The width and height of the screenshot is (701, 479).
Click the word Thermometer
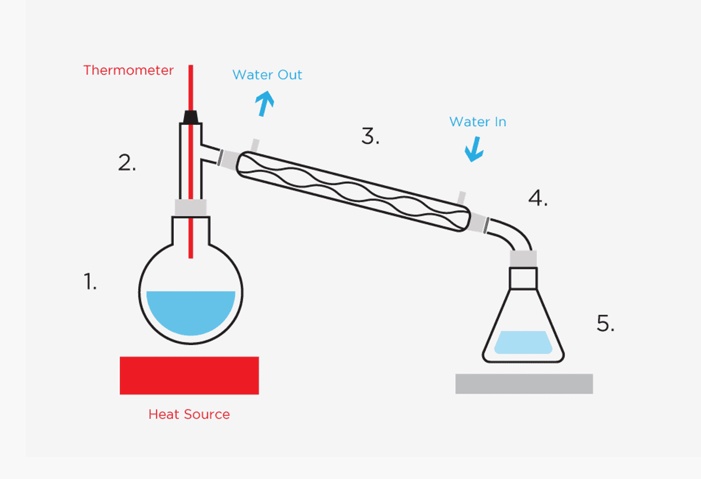(x=128, y=71)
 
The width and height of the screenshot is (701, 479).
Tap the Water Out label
(x=267, y=75)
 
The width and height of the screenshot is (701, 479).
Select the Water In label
(x=478, y=122)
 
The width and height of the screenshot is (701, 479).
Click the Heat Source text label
(x=189, y=414)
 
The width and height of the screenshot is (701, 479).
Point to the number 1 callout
(x=90, y=282)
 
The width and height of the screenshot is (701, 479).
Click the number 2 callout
(x=127, y=163)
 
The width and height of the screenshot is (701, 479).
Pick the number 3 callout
(x=370, y=136)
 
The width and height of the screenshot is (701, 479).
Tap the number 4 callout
(x=538, y=198)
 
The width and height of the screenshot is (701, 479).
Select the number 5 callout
(x=605, y=324)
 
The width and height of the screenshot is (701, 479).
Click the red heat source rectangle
(x=189, y=375)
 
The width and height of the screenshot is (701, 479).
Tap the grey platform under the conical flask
(x=524, y=383)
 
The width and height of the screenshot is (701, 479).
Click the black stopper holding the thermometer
(x=191, y=116)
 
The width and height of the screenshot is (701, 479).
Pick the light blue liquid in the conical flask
(x=522, y=342)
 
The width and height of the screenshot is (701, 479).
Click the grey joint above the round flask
(x=191, y=207)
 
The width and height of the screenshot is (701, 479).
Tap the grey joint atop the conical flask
(x=523, y=258)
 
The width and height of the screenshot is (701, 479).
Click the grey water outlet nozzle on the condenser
(x=255, y=144)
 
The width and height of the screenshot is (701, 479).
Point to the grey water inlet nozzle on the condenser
(x=462, y=197)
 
